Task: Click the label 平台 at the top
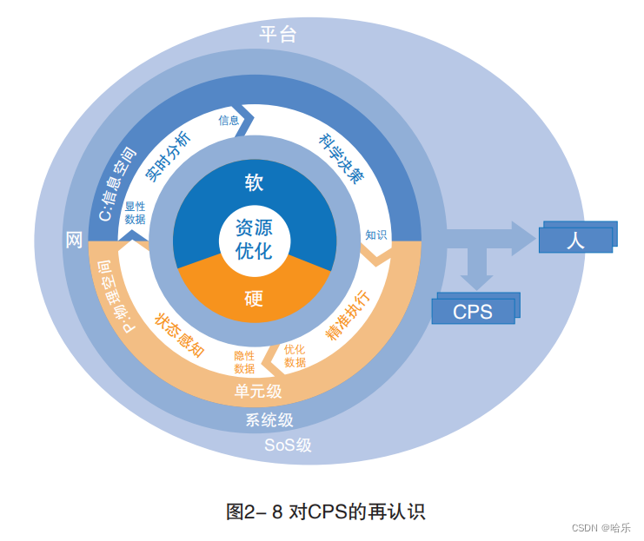click(278, 35)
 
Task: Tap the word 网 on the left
click(75, 241)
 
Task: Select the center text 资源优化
click(254, 240)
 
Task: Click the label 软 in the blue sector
click(254, 182)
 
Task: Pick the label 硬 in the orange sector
click(254, 300)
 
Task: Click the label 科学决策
click(341, 158)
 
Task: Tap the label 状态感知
click(179, 334)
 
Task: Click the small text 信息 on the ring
click(229, 121)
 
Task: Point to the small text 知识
click(375, 234)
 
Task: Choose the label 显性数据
click(135, 214)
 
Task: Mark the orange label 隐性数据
click(244, 362)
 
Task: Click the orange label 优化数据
click(295, 356)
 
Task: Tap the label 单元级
click(258, 392)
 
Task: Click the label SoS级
click(288, 445)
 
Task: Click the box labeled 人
click(574, 240)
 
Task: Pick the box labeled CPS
click(473, 311)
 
